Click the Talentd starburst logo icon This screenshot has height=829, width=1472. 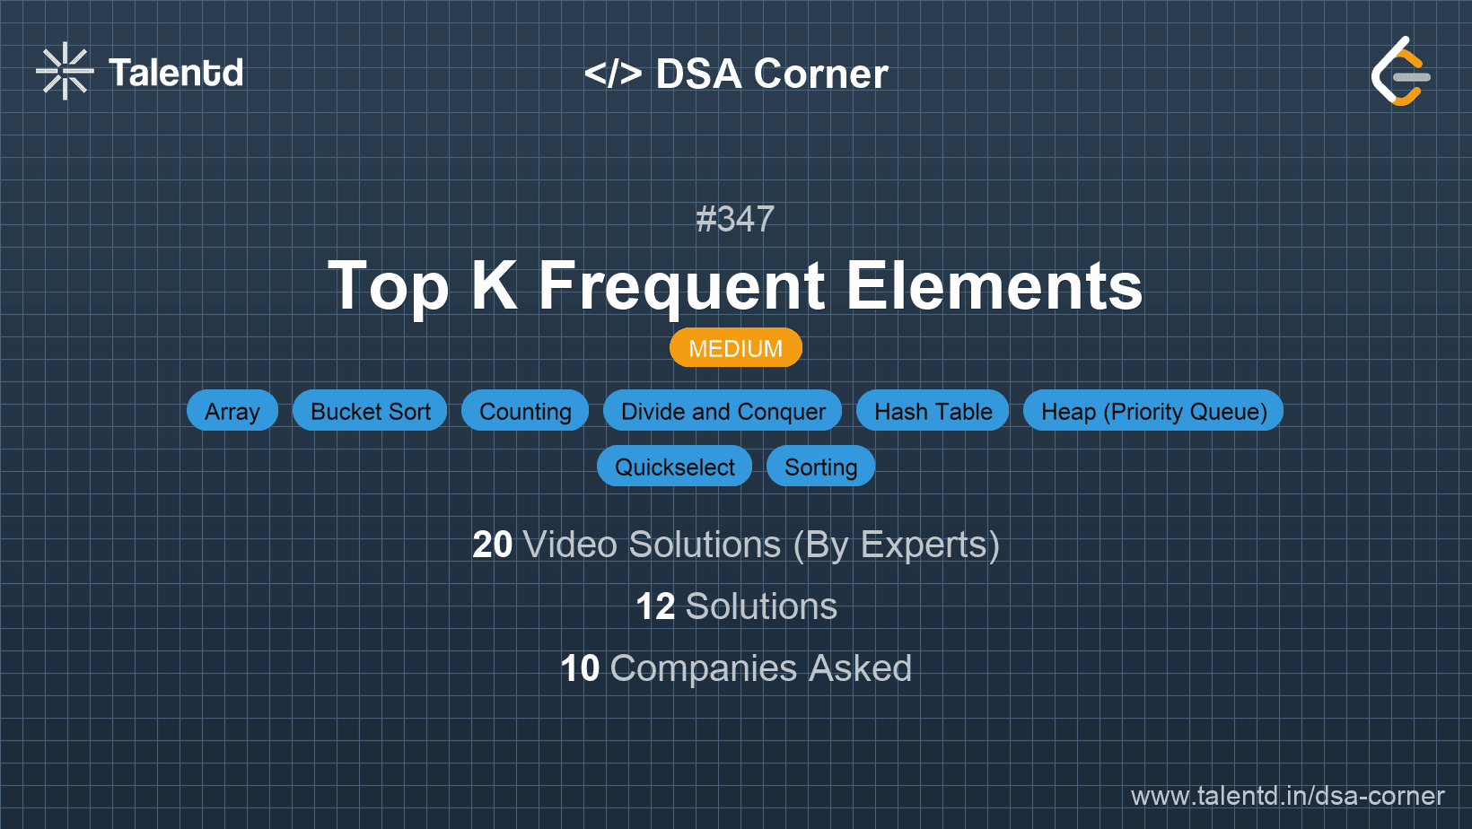pos(64,71)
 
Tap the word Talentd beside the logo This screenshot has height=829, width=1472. pos(176,73)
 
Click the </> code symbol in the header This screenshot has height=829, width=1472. pos(613,74)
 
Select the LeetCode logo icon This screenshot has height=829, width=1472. pos(1400,72)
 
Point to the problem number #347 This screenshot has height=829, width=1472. pos(735,219)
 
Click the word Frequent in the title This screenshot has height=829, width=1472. pos(681,286)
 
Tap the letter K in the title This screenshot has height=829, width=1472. pos(494,285)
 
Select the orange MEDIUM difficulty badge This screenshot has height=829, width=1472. pos(735,348)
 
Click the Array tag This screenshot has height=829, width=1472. pos(232,411)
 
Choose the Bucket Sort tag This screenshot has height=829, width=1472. pos(370,411)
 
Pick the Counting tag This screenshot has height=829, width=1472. pos(525,411)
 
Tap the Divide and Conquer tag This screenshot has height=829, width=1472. pos(723,411)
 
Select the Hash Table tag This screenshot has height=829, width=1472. pos(933,411)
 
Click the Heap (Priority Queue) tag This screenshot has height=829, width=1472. pos(1153,411)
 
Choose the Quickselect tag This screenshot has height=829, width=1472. pos(674,467)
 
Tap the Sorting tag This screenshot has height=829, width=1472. pos(820,467)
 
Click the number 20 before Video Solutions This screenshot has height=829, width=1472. pos(493,545)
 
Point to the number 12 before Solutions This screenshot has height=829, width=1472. pos(655,606)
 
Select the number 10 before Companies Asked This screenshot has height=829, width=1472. pos(580,668)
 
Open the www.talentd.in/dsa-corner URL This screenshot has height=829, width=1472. pos(1287,796)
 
